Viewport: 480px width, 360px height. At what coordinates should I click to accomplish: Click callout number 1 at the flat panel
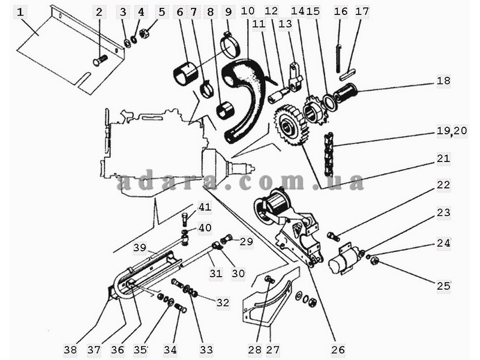20,13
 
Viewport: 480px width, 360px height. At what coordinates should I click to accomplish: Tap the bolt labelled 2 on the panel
101,59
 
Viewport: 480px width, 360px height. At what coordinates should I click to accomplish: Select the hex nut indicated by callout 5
143,32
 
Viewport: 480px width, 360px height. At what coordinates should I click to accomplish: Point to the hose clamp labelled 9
231,46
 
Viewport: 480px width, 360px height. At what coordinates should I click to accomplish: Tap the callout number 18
443,80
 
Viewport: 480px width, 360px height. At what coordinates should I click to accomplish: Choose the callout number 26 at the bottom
338,349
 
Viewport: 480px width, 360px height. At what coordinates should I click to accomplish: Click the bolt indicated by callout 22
333,236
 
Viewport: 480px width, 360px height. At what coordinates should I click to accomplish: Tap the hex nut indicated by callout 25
374,261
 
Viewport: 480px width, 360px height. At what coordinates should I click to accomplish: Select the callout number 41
205,206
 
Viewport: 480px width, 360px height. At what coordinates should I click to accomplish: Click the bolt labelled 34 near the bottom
180,307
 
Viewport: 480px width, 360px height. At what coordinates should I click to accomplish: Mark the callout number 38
70,349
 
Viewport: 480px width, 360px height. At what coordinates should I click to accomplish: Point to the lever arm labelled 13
295,77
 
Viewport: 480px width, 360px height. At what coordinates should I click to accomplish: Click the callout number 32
223,302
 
